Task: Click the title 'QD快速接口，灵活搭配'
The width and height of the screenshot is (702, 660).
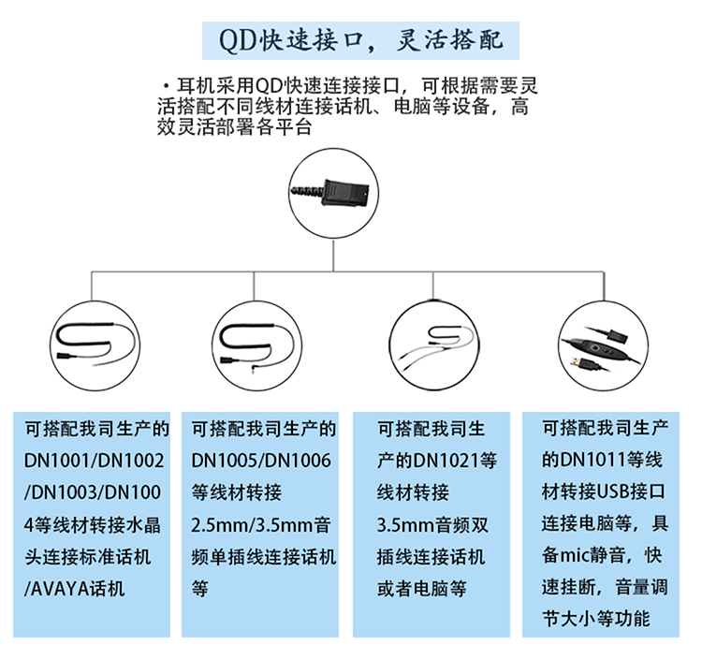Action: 361,40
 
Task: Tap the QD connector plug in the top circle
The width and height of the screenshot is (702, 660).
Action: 345,193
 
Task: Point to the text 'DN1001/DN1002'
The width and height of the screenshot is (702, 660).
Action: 94,461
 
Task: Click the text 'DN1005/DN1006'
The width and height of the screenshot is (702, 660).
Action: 261,461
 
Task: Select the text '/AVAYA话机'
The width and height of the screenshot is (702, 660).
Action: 74,588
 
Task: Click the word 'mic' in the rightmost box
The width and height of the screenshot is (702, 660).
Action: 575,555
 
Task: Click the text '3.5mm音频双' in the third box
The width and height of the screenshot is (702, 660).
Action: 432,525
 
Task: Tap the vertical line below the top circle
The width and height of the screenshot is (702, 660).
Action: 333,256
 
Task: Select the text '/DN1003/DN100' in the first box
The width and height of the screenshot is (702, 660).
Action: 93,492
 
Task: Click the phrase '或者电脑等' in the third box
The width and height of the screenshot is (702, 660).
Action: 422,588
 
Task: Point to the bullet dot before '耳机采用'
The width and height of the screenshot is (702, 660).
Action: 167,85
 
